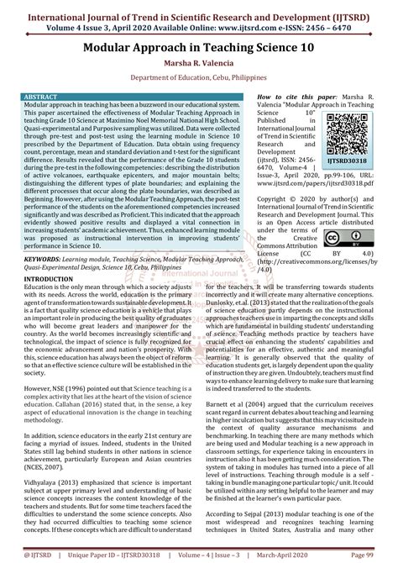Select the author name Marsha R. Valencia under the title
pyautogui.click(x=199, y=67)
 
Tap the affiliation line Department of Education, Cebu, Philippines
pyautogui.click(x=199, y=85)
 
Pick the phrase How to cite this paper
pyautogui.click(x=254, y=97)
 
